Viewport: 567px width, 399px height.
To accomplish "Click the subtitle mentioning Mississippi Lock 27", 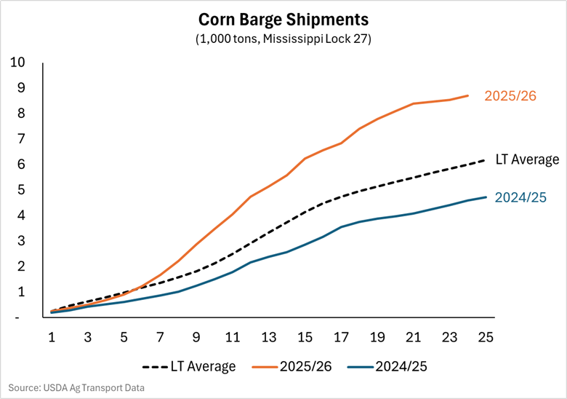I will coord(283,39).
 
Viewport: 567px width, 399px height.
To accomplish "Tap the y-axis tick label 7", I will coord(20,139).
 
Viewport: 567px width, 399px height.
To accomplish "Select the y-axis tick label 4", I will coord(20,216).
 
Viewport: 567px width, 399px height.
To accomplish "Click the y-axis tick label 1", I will coord(20,292).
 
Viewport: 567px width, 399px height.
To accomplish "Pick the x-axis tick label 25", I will coord(486,338).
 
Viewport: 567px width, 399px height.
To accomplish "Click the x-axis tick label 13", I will coord(269,338).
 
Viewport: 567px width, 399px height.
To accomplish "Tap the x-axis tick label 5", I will coord(124,338).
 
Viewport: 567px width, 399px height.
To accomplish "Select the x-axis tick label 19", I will coord(377,338).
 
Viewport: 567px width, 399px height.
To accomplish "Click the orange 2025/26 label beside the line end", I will coord(510,95).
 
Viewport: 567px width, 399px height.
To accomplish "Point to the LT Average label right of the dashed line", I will coord(527,159).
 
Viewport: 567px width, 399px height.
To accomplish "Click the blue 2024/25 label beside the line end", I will coord(520,197).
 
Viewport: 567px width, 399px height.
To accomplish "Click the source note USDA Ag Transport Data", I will coord(76,388).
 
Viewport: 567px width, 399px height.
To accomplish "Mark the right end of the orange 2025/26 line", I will coord(468,95).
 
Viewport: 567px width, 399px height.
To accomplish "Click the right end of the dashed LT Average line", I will coord(486,159).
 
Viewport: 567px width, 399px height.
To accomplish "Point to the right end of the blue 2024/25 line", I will coord(486,197).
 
